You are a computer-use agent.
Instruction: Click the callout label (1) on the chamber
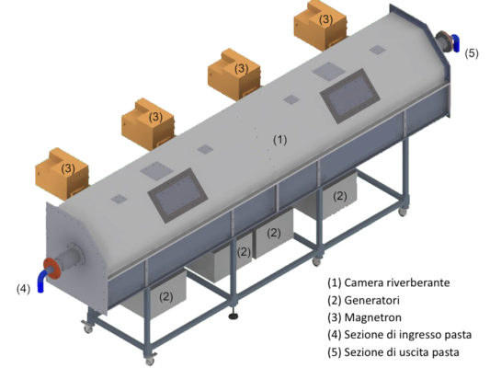280,140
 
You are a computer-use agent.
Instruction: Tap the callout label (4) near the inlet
23,289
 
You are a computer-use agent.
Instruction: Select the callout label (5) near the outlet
472,53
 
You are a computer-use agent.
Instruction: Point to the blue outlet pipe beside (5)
456,43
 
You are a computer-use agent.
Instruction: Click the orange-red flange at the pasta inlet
51,270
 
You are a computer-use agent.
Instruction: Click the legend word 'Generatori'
372,301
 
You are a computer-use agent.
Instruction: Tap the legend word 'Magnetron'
373,317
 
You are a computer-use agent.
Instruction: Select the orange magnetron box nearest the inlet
63,174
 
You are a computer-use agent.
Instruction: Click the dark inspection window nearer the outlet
349,96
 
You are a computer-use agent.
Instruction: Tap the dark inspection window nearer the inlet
177,195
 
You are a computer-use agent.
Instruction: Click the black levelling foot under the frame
234,316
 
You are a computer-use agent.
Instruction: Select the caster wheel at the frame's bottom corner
150,361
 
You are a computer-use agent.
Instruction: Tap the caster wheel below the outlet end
402,212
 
